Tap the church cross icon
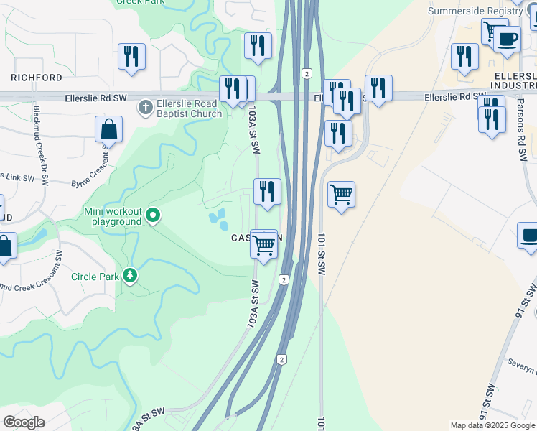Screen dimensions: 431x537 pyautogui.click(x=144, y=108)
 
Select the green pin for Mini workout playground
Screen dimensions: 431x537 pyautogui.click(x=152, y=215)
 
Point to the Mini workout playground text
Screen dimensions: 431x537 pyautogui.click(x=113, y=216)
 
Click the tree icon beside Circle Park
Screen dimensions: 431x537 pyautogui.click(x=130, y=276)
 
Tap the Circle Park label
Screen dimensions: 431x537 pyautogui.click(x=95, y=277)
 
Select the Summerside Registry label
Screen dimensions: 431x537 pyautogui.click(x=475, y=11)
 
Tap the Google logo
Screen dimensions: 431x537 pyautogui.click(x=24, y=422)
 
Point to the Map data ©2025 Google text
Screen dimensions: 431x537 pyautogui.click(x=492, y=425)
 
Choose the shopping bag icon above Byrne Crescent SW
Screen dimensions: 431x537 pyautogui.click(x=108, y=130)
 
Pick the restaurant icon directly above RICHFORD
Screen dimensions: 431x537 pyautogui.click(x=131, y=57)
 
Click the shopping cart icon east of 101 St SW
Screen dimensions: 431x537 pyautogui.click(x=342, y=195)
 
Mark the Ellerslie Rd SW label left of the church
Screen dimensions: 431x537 pyautogui.click(x=95, y=97)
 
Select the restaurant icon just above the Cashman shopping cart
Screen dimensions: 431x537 pyautogui.click(x=267, y=193)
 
